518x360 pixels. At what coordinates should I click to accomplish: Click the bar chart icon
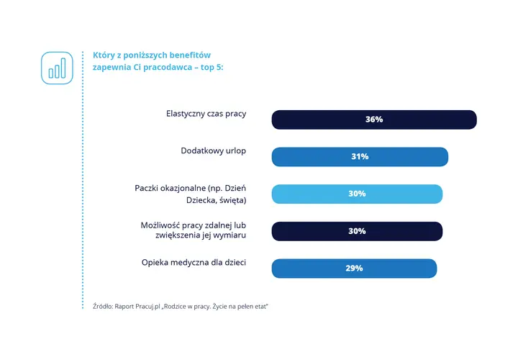tap(57, 68)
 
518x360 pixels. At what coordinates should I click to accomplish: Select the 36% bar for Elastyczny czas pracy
tap(374, 120)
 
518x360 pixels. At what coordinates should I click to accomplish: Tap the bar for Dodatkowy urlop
tap(360, 157)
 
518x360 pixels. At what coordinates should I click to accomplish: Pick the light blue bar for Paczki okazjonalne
tap(357, 194)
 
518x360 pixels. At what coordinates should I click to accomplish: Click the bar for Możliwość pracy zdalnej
tap(357, 231)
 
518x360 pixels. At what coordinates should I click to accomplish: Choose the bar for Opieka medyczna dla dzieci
tap(354, 269)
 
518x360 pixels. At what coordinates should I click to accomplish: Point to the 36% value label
tap(374, 120)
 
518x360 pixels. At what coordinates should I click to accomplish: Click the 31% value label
tap(360, 156)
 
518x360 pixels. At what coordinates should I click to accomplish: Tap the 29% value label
tap(354, 268)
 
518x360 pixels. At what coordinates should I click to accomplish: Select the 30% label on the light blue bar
tap(357, 194)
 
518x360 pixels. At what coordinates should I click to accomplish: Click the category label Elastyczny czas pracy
tap(206, 114)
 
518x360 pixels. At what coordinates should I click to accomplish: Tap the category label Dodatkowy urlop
tap(214, 151)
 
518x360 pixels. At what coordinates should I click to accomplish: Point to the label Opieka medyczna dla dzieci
tap(194, 263)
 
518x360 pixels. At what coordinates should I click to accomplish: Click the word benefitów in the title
tap(190, 55)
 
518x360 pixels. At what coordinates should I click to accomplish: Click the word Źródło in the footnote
tap(103, 307)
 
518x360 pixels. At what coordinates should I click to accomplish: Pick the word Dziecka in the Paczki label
tap(199, 200)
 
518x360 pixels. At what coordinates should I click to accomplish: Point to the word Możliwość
tap(160, 225)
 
